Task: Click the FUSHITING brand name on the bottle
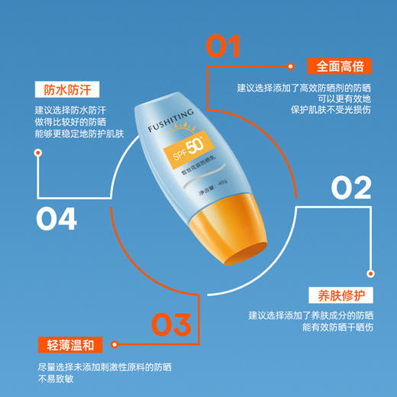point(167,114)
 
